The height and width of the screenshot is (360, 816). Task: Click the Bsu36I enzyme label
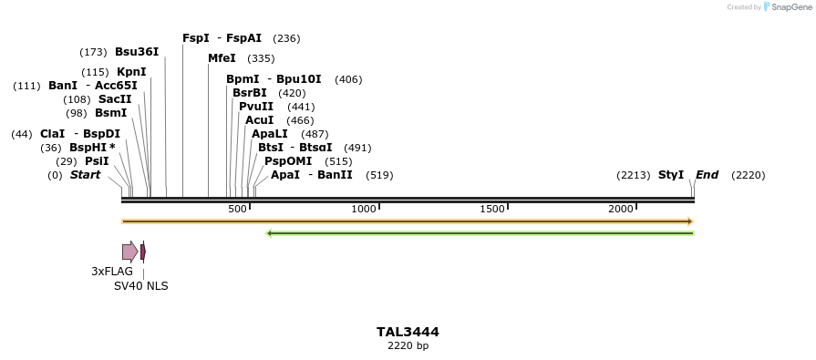point(137,52)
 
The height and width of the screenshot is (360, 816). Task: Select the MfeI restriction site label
point(222,58)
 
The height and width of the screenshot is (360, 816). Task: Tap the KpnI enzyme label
point(131,72)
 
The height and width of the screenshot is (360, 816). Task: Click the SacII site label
point(115,99)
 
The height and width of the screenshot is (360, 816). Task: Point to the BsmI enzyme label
point(110,113)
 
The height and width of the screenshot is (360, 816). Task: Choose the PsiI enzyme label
point(97,161)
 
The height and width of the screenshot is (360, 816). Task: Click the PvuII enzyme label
point(256,107)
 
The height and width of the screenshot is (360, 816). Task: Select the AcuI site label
point(259,120)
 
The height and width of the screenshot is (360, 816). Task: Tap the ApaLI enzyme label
point(271,134)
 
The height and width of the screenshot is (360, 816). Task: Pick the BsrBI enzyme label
point(250,93)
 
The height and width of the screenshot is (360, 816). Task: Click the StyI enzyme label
point(671,175)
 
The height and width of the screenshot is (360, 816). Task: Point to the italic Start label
point(85,175)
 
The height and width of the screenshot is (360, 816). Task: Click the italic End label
point(708,175)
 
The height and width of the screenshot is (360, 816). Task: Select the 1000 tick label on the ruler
point(364,210)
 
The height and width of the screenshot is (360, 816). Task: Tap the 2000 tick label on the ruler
point(621,210)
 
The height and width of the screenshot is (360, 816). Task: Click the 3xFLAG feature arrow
point(130,252)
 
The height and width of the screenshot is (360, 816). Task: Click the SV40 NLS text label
point(140,286)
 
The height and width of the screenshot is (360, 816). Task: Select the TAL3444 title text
point(408,333)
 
